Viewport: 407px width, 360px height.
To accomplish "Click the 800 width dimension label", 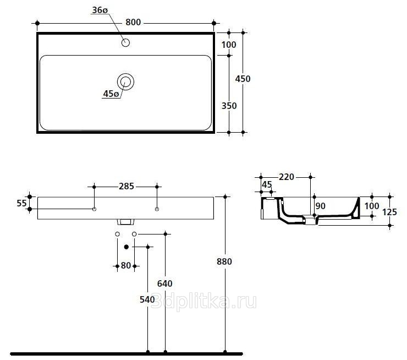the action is click(x=133, y=23).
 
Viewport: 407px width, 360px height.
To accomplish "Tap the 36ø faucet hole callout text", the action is click(x=100, y=10).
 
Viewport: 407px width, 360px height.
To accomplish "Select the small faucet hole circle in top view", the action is click(x=125, y=42).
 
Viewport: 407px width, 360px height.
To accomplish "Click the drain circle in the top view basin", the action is click(x=125, y=81).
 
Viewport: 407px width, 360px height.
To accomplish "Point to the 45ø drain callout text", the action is click(x=111, y=94).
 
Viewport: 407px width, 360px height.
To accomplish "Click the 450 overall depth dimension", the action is click(x=243, y=79).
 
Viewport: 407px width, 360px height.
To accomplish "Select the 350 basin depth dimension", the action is click(x=229, y=106).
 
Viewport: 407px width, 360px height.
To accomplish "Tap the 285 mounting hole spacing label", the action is click(x=127, y=186).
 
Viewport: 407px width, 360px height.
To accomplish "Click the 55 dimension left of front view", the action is click(x=21, y=203).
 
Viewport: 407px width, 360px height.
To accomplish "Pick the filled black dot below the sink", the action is click(x=127, y=247).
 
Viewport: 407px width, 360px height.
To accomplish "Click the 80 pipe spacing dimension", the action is click(x=126, y=265).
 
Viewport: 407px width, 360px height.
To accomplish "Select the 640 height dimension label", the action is click(x=165, y=283).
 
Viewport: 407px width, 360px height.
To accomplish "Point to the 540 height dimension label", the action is click(x=147, y=299).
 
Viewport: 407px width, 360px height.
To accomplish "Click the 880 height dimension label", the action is click(x=224, y=261).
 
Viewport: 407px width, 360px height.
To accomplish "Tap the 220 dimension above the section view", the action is click(x=287, y=177).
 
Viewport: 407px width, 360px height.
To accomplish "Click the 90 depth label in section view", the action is click(x=320, y=206).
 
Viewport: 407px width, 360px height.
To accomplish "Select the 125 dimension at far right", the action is click(x=389, y=212).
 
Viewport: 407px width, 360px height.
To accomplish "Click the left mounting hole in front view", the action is click(x=94, y=209).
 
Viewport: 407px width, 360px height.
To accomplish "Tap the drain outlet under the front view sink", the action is click(x=125, y=222).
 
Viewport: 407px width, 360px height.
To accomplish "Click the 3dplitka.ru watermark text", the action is click(x=204, y=302).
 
